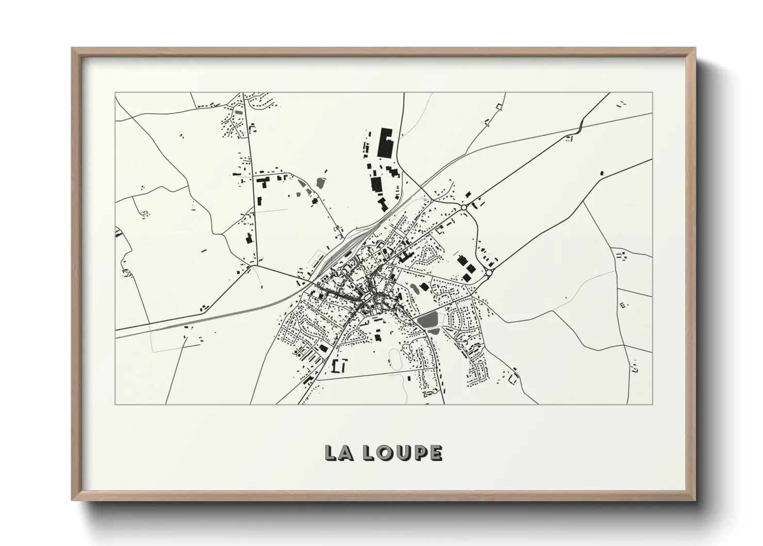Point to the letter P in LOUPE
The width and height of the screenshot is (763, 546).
click(x=420, y=453)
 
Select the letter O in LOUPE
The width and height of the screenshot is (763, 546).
click(x=385, y=453)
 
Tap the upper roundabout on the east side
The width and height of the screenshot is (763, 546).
click(x=463, y=207)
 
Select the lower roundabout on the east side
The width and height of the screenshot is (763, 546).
click(x=489, y=271)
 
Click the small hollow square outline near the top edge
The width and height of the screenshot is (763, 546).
click(x=499, y=106)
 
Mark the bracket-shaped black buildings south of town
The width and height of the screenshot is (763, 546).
click(x=340, y=366)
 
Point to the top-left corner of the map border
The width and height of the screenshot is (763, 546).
click(x=115, y=93)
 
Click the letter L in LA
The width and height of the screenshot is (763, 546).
click(x=329, y=453)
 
